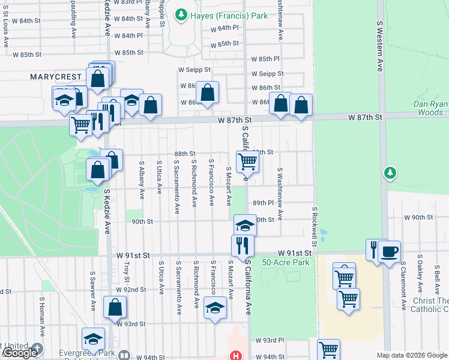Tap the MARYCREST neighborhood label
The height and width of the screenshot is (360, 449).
pos(55,77)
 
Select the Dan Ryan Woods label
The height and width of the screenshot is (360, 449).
pos(428,108)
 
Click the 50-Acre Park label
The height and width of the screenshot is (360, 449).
pos(285,262)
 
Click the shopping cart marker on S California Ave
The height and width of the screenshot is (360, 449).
pos(247,161)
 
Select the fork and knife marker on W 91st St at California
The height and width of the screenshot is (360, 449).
pos(243,245)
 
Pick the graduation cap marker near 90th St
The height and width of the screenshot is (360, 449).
pos(244,225)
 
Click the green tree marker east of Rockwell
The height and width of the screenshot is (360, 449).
pos(391,173)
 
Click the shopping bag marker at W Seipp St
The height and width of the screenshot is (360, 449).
pos(207,92)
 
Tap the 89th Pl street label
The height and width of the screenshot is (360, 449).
pos(264,203)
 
